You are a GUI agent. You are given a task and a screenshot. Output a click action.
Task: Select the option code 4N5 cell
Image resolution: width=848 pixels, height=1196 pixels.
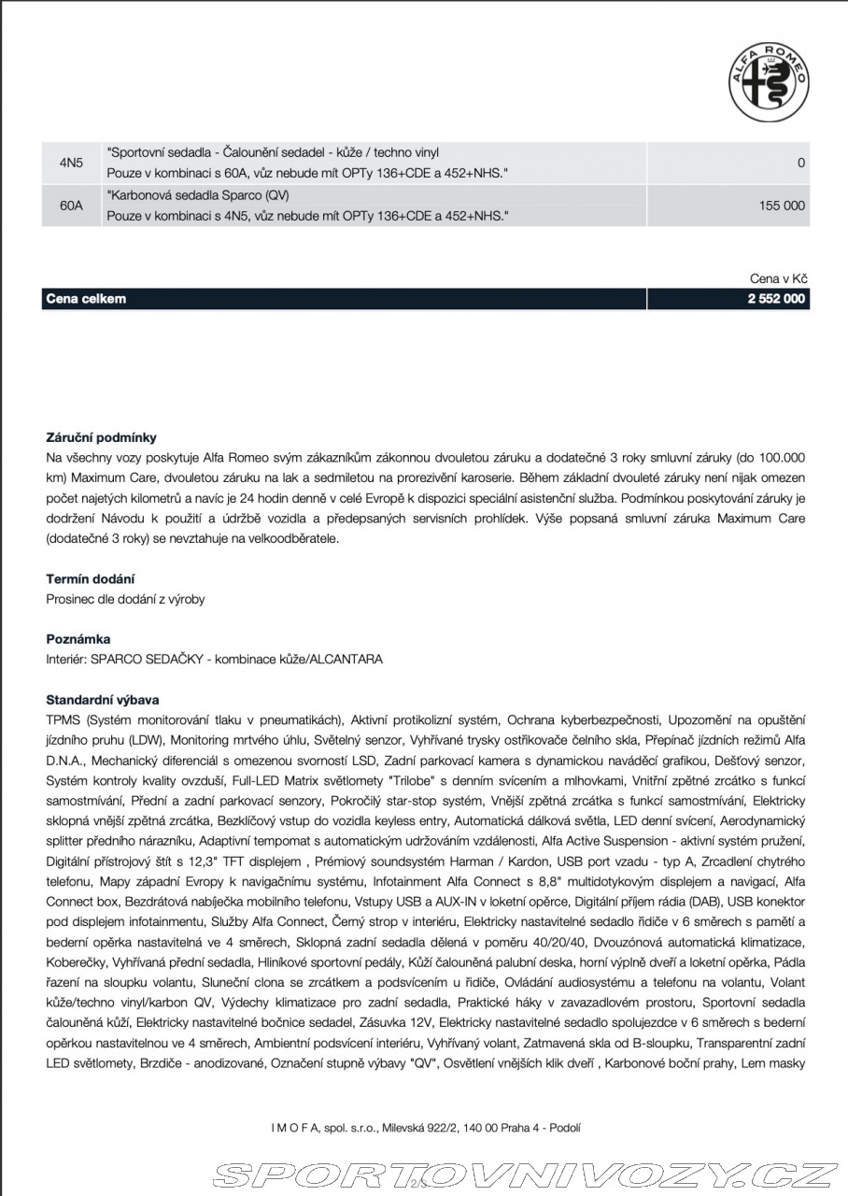point(71,163)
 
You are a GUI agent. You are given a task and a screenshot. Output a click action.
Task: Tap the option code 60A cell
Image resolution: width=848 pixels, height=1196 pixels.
point(71,206)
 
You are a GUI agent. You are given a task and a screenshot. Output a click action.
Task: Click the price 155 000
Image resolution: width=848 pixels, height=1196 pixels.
point(782,206)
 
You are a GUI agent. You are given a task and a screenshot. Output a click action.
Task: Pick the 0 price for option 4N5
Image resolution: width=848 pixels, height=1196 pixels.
point(800,163)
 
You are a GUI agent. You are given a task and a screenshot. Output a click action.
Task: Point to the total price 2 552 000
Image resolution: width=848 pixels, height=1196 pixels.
point(776,299)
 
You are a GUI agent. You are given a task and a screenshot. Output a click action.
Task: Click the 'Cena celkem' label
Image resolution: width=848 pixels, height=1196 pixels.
point(86,299)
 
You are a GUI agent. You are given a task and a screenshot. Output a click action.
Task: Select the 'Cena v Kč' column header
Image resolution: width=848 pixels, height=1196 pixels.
point(778,278)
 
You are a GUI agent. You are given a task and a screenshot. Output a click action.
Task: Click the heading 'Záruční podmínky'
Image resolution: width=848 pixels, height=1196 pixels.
point(102,437)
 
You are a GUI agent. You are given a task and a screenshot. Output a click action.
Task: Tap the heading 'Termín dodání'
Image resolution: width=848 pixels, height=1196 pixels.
point(91,579)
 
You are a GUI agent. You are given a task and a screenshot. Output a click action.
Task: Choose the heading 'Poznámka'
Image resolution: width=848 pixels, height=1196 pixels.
point(78,639)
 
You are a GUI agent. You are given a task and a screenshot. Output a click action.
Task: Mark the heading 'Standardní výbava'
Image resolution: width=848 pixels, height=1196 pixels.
point(103,699)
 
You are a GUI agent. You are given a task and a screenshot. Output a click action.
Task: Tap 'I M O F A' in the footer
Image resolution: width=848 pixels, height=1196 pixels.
point(293,1128)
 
